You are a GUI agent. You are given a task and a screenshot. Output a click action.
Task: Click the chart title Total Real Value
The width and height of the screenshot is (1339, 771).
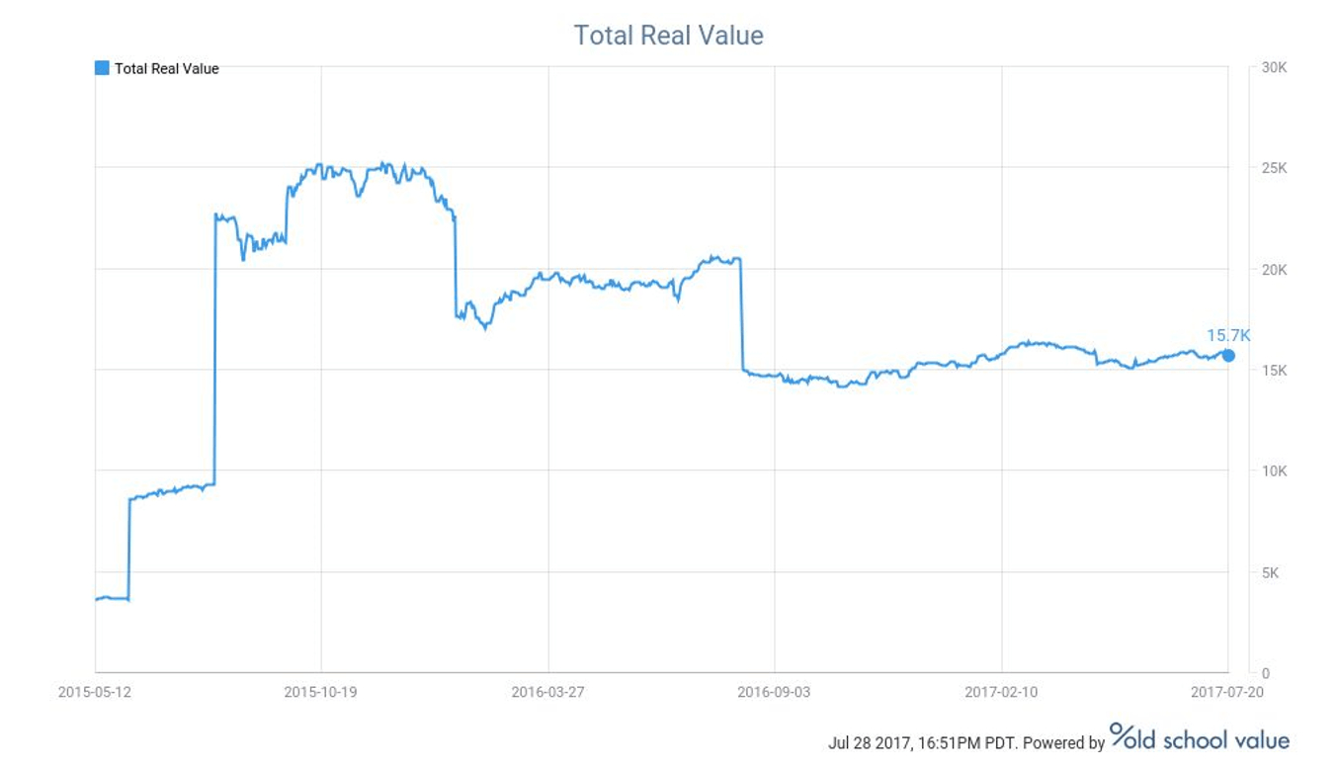click(x=668, y=36)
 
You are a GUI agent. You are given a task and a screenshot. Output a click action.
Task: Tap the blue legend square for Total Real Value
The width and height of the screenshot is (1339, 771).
click(x=102, y=68)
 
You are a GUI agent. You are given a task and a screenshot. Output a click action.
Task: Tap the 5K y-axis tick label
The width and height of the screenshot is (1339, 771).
click(x=1272, y=572)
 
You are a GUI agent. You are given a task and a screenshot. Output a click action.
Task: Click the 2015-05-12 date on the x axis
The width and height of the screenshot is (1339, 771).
click(x=95, y=692)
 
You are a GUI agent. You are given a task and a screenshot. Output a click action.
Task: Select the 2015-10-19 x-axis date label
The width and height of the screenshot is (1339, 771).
click(x=321, y=692)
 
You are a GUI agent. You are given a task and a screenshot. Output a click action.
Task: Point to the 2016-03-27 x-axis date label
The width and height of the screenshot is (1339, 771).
click(x=547, y=692)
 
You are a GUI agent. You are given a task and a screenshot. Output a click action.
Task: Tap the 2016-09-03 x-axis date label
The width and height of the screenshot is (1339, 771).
click(x=774, y=692)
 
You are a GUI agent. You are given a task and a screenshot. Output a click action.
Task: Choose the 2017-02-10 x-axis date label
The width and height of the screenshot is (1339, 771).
click(x=1001, y=692)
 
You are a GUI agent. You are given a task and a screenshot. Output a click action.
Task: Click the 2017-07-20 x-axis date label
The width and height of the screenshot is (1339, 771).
click(x=1227, y=692)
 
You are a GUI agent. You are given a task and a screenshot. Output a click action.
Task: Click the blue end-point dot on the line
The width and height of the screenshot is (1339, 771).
click(x=1228, y=356)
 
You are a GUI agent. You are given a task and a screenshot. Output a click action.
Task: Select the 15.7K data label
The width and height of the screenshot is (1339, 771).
click(x=1227, y=336)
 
